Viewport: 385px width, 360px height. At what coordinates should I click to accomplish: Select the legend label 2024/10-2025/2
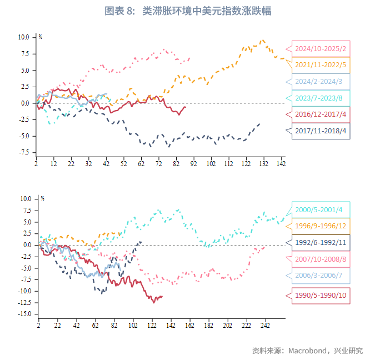(x=321, y=49)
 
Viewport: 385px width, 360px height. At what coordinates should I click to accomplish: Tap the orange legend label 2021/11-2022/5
(x=321, y=65)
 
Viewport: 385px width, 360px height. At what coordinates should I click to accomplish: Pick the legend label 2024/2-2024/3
(x=321, y=82)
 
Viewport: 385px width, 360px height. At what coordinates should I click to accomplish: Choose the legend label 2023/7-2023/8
(x=321, y=98)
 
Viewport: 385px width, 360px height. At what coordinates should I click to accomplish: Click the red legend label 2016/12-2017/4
(x=321, y=114)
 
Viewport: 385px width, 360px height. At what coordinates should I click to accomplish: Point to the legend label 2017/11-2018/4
(x=321, y=131)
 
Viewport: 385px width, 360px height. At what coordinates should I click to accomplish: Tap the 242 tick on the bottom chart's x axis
(x=265, y=326)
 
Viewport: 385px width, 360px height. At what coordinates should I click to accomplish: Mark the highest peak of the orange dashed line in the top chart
(x=263, y=40)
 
